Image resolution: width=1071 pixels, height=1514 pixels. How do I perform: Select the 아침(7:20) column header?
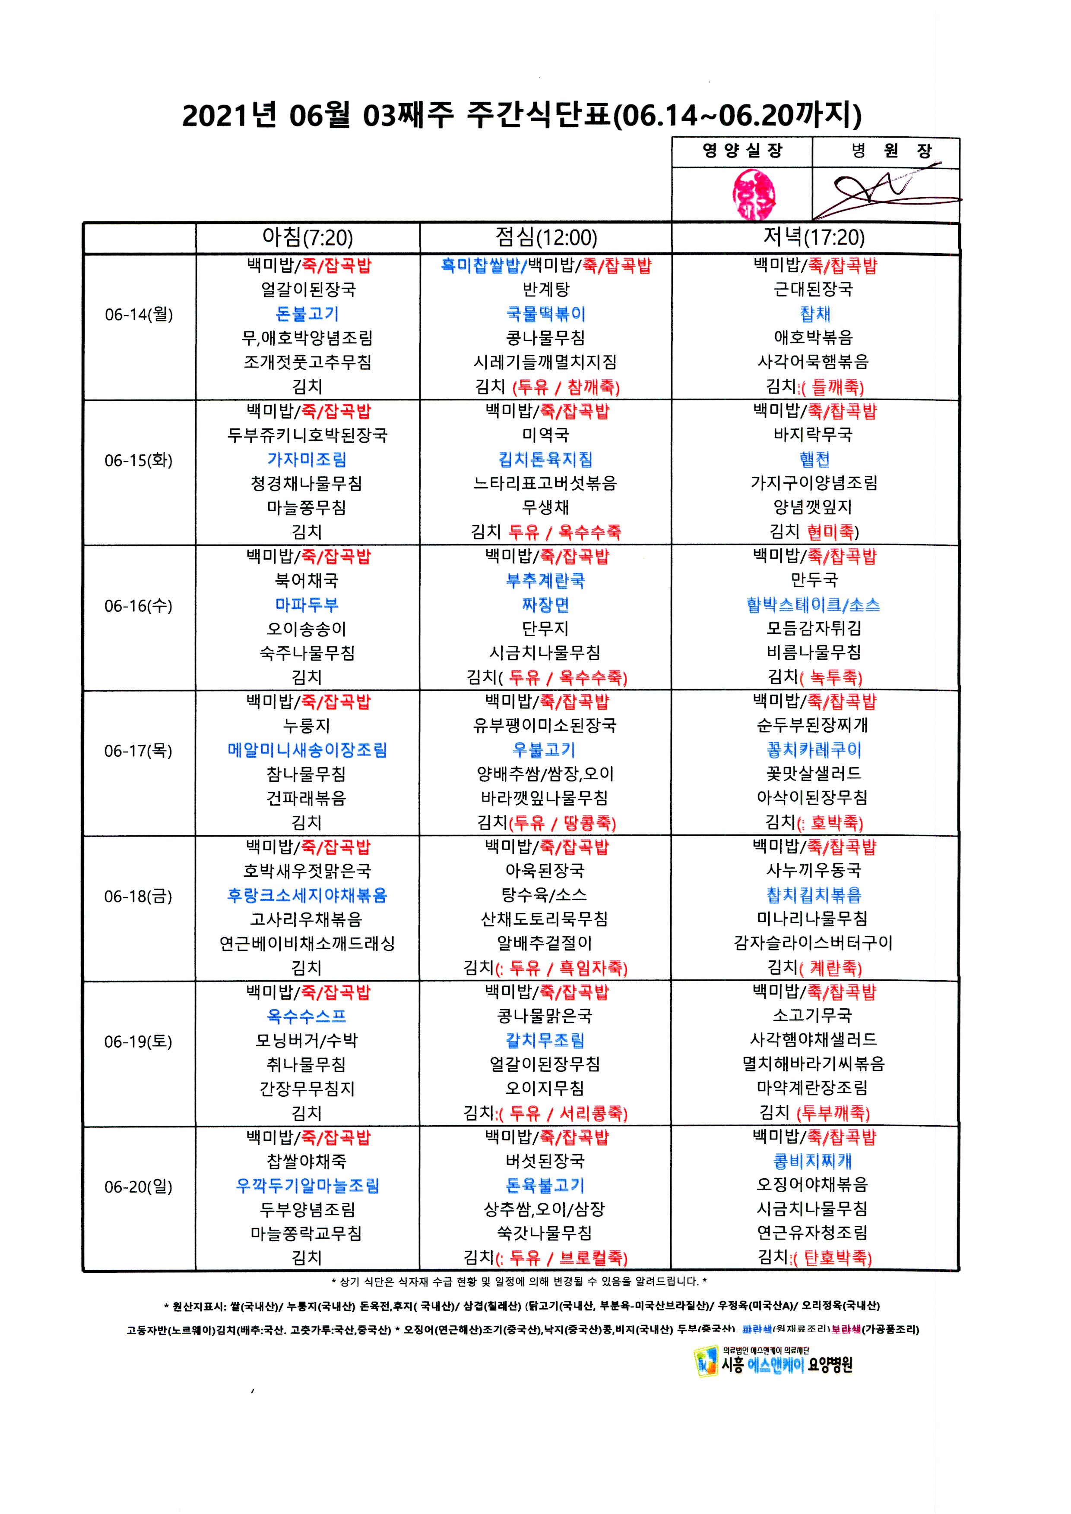tap(307, 237)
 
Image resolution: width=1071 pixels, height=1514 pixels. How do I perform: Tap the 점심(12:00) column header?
tap(546, 237)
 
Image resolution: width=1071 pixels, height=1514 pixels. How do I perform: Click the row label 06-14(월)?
tap(139, 315)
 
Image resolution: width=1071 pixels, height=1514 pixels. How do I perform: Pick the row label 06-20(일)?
tap(139, 1187)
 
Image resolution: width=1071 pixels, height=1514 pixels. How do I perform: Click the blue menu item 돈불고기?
tap(307, 314)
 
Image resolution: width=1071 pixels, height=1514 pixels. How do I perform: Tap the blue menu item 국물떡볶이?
tap(546, 314)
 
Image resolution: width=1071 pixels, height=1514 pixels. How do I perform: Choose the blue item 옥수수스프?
tap(307, 1016)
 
